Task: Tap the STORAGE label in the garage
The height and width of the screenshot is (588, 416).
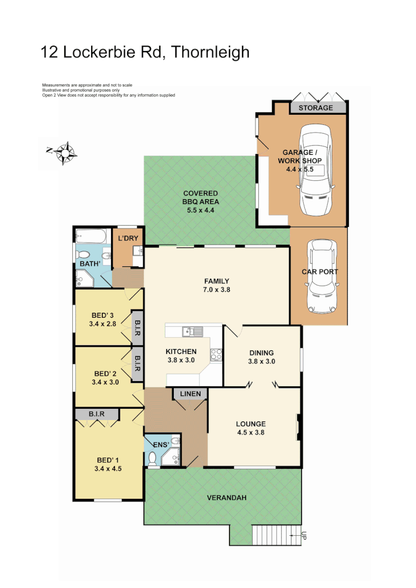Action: coord(315,108)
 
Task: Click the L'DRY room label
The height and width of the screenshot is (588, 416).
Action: coord(128,239)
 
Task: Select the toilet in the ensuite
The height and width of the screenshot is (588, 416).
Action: coord(152,458)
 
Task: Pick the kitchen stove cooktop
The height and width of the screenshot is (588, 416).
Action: coord(216,353)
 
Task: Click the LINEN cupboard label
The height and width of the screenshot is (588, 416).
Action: coord(190,394)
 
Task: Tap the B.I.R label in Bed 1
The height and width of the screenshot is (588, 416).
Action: coord(97,414)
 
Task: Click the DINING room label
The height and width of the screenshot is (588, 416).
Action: coord(261,352)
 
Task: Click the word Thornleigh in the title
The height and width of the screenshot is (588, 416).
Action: coord(210,52)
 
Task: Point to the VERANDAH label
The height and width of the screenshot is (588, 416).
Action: coord(227,498)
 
